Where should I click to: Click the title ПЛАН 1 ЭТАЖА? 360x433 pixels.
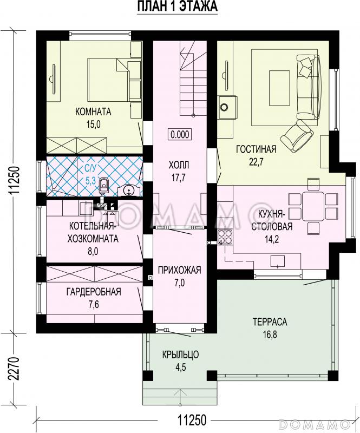tap(178, 6)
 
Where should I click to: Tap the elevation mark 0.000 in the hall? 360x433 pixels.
tap(180, 134)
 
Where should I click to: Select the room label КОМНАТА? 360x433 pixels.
tap(94, 112)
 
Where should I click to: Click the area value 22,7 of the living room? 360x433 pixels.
tap(256, 162)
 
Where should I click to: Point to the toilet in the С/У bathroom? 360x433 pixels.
tap(103, 185)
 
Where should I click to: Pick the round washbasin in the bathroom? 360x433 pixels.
tap(128, 191)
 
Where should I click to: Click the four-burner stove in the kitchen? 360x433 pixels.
tap(225, 237)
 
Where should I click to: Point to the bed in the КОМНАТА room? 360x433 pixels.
tap(108, 80)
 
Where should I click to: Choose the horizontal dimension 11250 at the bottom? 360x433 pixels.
tap(192, 421)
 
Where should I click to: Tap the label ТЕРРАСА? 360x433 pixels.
tap(270, 322)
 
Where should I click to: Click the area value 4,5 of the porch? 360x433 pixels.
tap(180, 367)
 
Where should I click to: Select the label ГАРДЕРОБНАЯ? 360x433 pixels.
tap(94, 292)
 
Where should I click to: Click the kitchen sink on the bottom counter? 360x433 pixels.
tap(277, 261)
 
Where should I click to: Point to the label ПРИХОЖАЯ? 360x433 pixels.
tap(179, 270)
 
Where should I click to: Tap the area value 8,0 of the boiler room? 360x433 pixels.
tap(93, 251)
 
